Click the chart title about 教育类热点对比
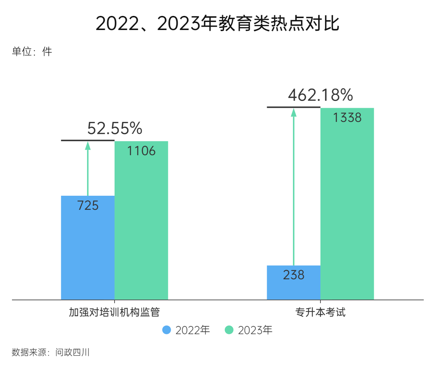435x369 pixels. click(x=217, y=24)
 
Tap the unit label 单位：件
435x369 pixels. click(x=32, y=52)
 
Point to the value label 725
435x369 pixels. click(x=88, y=205)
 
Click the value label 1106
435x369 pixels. click(x=141, y=151)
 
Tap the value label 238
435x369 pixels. click(x=294, y=275)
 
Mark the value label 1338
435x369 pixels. click(x=347, y=118)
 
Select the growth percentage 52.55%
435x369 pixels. click(x=115, y=128)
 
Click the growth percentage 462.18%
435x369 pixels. click(x=320, y=95)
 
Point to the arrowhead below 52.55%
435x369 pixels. click(x=88, y=145)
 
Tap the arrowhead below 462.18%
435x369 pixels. click(x=294, y=112)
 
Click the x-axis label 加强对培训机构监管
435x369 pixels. click(x=115, y=312)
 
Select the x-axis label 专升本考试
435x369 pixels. click(x=320, y=312)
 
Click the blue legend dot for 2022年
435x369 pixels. click(x=166, y=330)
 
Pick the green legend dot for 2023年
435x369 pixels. click(x=229, y=330)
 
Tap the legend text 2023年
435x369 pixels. click(x=255, y=330)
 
